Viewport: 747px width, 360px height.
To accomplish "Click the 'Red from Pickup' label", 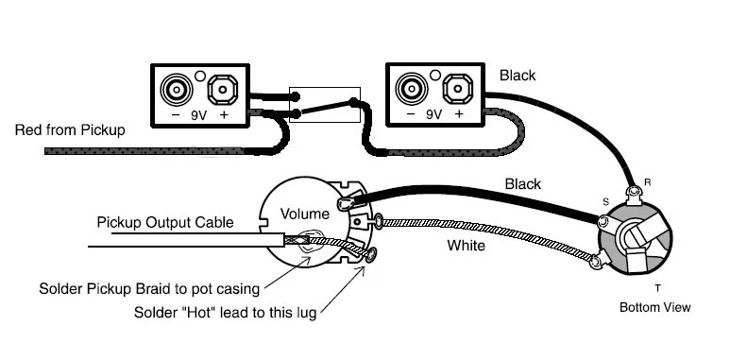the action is tap(70, 129).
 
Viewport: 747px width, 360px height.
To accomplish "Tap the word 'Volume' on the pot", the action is tap(304, 214).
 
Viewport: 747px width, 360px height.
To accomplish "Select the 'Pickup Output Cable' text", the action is tap(165, 223).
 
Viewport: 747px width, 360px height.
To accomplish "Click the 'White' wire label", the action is tap(466, 246).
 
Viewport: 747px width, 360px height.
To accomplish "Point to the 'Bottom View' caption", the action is tap(655, 307).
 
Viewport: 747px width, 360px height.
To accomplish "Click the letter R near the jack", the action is tap(648, 182).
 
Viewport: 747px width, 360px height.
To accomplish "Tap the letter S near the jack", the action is tap(605, 201).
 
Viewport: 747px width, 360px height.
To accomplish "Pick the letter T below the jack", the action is tap(658, 288).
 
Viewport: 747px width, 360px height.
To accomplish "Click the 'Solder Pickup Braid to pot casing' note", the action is tap(149, 289).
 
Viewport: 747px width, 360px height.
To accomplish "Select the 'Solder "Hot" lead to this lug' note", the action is tap(226, 313).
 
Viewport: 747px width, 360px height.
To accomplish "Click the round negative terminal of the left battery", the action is tap(177, 89).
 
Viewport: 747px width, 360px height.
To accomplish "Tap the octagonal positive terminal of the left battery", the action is tap(223, 90).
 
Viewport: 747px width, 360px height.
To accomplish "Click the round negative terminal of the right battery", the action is tap(412, 89).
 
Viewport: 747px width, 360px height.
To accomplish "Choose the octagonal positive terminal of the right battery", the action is tap(457, 89).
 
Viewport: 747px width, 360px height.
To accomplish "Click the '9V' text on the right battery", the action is tap(433, 114).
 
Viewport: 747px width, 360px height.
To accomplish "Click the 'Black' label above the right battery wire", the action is tap(518, 76).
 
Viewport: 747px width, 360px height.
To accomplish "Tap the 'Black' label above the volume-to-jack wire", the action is tap(522, 184).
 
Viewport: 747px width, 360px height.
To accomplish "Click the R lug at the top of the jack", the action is tap(634, 193).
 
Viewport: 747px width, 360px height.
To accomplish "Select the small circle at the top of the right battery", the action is tap(435, 75).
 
